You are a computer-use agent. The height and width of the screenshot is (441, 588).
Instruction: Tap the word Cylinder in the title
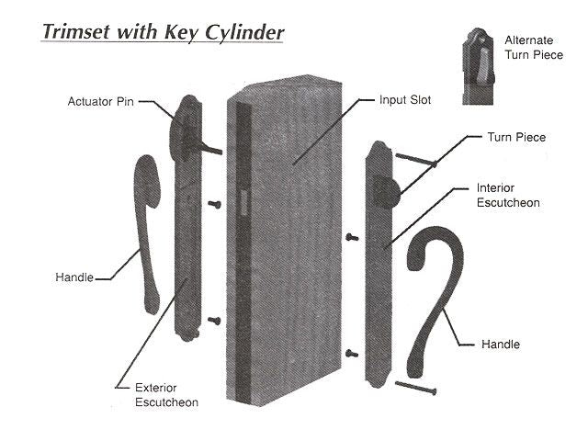(242, 32)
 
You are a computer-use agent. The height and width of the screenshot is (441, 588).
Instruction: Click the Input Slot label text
(405, 98)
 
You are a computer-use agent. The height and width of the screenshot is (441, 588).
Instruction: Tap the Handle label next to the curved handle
(501, 345)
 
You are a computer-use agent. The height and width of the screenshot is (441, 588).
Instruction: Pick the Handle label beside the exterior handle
(73, 277)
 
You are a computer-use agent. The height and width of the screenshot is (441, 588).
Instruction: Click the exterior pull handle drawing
(147, 230)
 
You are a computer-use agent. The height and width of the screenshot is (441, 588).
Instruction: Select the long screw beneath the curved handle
(414, 388)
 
